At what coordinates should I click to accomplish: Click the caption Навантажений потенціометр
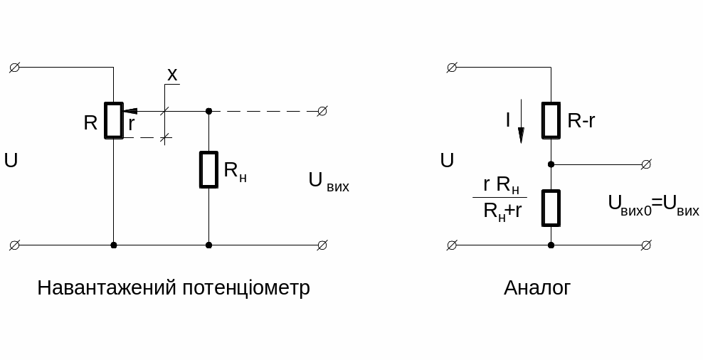coord(173,288)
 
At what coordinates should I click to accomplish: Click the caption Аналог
coord(536,288)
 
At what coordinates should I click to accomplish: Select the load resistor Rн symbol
coord(208,169)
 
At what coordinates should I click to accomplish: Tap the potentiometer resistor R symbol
coord(114,120)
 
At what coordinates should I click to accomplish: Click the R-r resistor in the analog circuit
coord(551,120)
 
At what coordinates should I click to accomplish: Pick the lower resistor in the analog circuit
coord(551,207)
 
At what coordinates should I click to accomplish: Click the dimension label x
coord(171,74)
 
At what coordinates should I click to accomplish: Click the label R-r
coord(581,121)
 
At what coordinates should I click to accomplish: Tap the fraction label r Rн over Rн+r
coord(499,197)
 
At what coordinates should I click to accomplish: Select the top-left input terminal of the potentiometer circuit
coord(14,68)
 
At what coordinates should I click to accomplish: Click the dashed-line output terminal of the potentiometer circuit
coord(322,111)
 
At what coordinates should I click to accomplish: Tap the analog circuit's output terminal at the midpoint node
coord(645,164)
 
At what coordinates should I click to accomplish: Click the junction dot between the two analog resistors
coord(551,164)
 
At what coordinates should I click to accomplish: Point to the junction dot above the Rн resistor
coord(208,111)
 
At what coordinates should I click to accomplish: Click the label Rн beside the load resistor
coord(235,171)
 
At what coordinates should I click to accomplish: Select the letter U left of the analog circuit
coord(447,161)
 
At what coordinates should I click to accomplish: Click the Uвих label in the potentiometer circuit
coord(328,181)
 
